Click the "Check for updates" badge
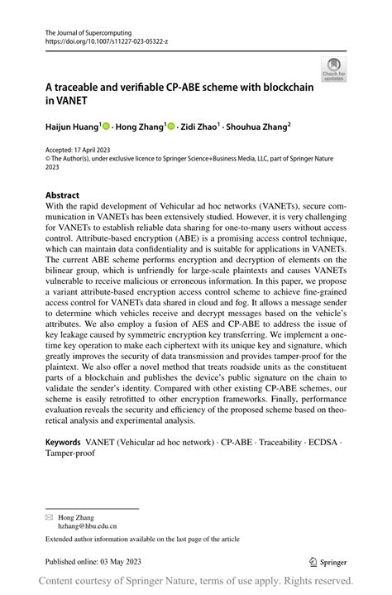[x=333, y=70]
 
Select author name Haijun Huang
[x=71, y=128]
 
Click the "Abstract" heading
[x=63, y=195]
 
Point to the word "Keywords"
[x=69, y=443]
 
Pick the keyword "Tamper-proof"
[x=70, y=454]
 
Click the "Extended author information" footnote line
[x=142, y=539]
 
